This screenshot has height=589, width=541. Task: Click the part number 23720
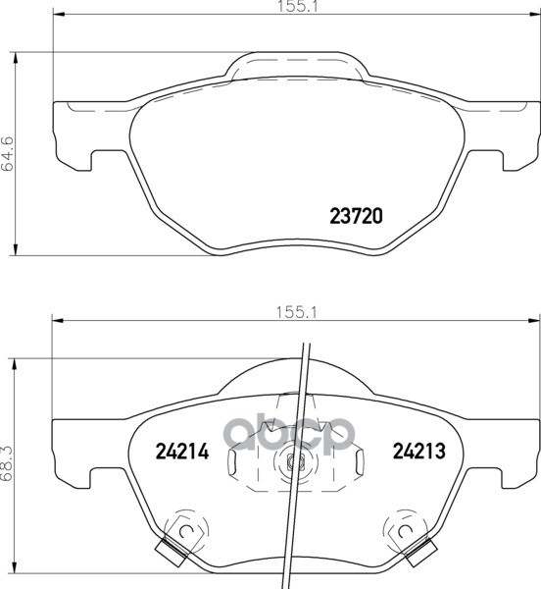tap(356, 216)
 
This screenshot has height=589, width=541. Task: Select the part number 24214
tap(182, 452)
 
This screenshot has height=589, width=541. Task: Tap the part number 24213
tap(418, 451)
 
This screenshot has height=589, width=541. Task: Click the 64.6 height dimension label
tap(8, 154)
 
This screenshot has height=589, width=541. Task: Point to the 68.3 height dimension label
tap(8, 463)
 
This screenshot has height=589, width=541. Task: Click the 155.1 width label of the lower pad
tap(296, 312)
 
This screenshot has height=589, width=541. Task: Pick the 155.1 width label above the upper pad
tap(297, 6)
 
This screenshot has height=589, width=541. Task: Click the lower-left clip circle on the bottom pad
tap(185, 531)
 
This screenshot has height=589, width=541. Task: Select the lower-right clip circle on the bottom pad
tap(404, 531)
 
